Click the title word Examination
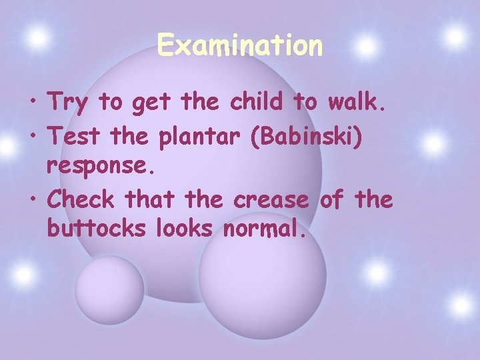pyautogui.click(x=240, y=46)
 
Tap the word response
pyautogui.click(x=101, y=167)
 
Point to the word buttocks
pyautogui.click(x=95, y=229)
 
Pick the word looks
pyautogui.click(x=184, y=229)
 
